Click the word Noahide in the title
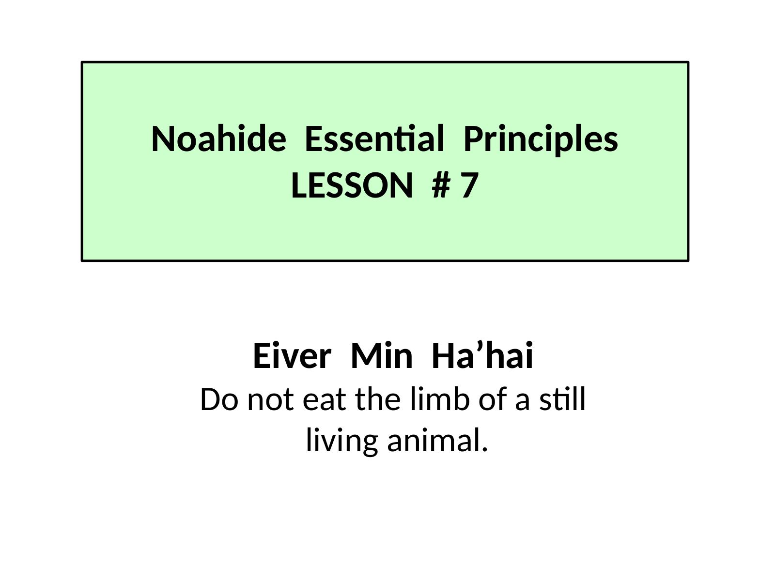218,138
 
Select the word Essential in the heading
374,138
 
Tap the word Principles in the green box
541,140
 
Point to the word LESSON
352,185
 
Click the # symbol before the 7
441,185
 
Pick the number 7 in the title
469,185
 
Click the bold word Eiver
292,355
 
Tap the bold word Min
382,355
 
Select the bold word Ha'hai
482,355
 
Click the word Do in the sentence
219,399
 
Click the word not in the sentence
270,401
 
